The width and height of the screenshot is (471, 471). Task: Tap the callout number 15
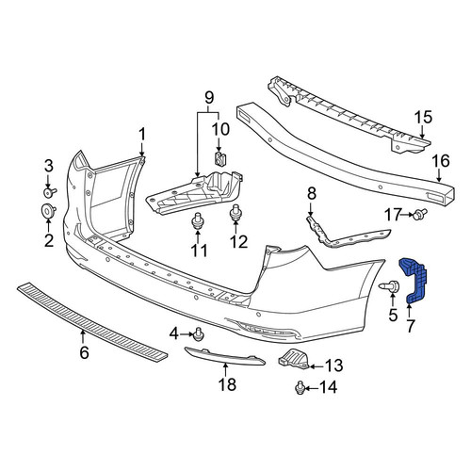pyautogui.click(x=423, y=118)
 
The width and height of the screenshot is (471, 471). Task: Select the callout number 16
pyautogui.click(x=441, y=161)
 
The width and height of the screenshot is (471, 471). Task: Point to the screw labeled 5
pyautogui.click(x=388, y=286)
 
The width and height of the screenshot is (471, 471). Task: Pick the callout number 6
pyautogui.click(x=84, y=352)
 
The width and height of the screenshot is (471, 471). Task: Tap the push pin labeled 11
pyautogui.click(x=198, y=220)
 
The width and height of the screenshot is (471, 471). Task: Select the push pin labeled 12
pyautogui.click(x=235, y=214)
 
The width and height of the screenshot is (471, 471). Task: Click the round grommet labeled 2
pyautogui.click(x=48, y=210)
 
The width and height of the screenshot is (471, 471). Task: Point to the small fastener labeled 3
pyautogui.click(x=49, y=192)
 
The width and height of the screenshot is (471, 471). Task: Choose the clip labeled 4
pyautogui.click(x=199, y=334)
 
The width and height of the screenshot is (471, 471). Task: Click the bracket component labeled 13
pyautogui.click(x=293, y=360)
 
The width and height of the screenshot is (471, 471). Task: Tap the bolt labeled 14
pyautogui.click(x=300, y=388)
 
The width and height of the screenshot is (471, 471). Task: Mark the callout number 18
pyautogui.click(x=227, y=384)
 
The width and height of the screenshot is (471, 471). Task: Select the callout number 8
pyautogui.click(x=312, y=194)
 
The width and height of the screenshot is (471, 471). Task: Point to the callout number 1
pyautogui.click(x=142, y=135)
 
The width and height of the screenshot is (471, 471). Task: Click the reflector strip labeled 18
pyautogui.click(x=223, y=356)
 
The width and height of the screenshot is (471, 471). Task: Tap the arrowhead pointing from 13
pyautogui.click(x=311, y=366)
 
